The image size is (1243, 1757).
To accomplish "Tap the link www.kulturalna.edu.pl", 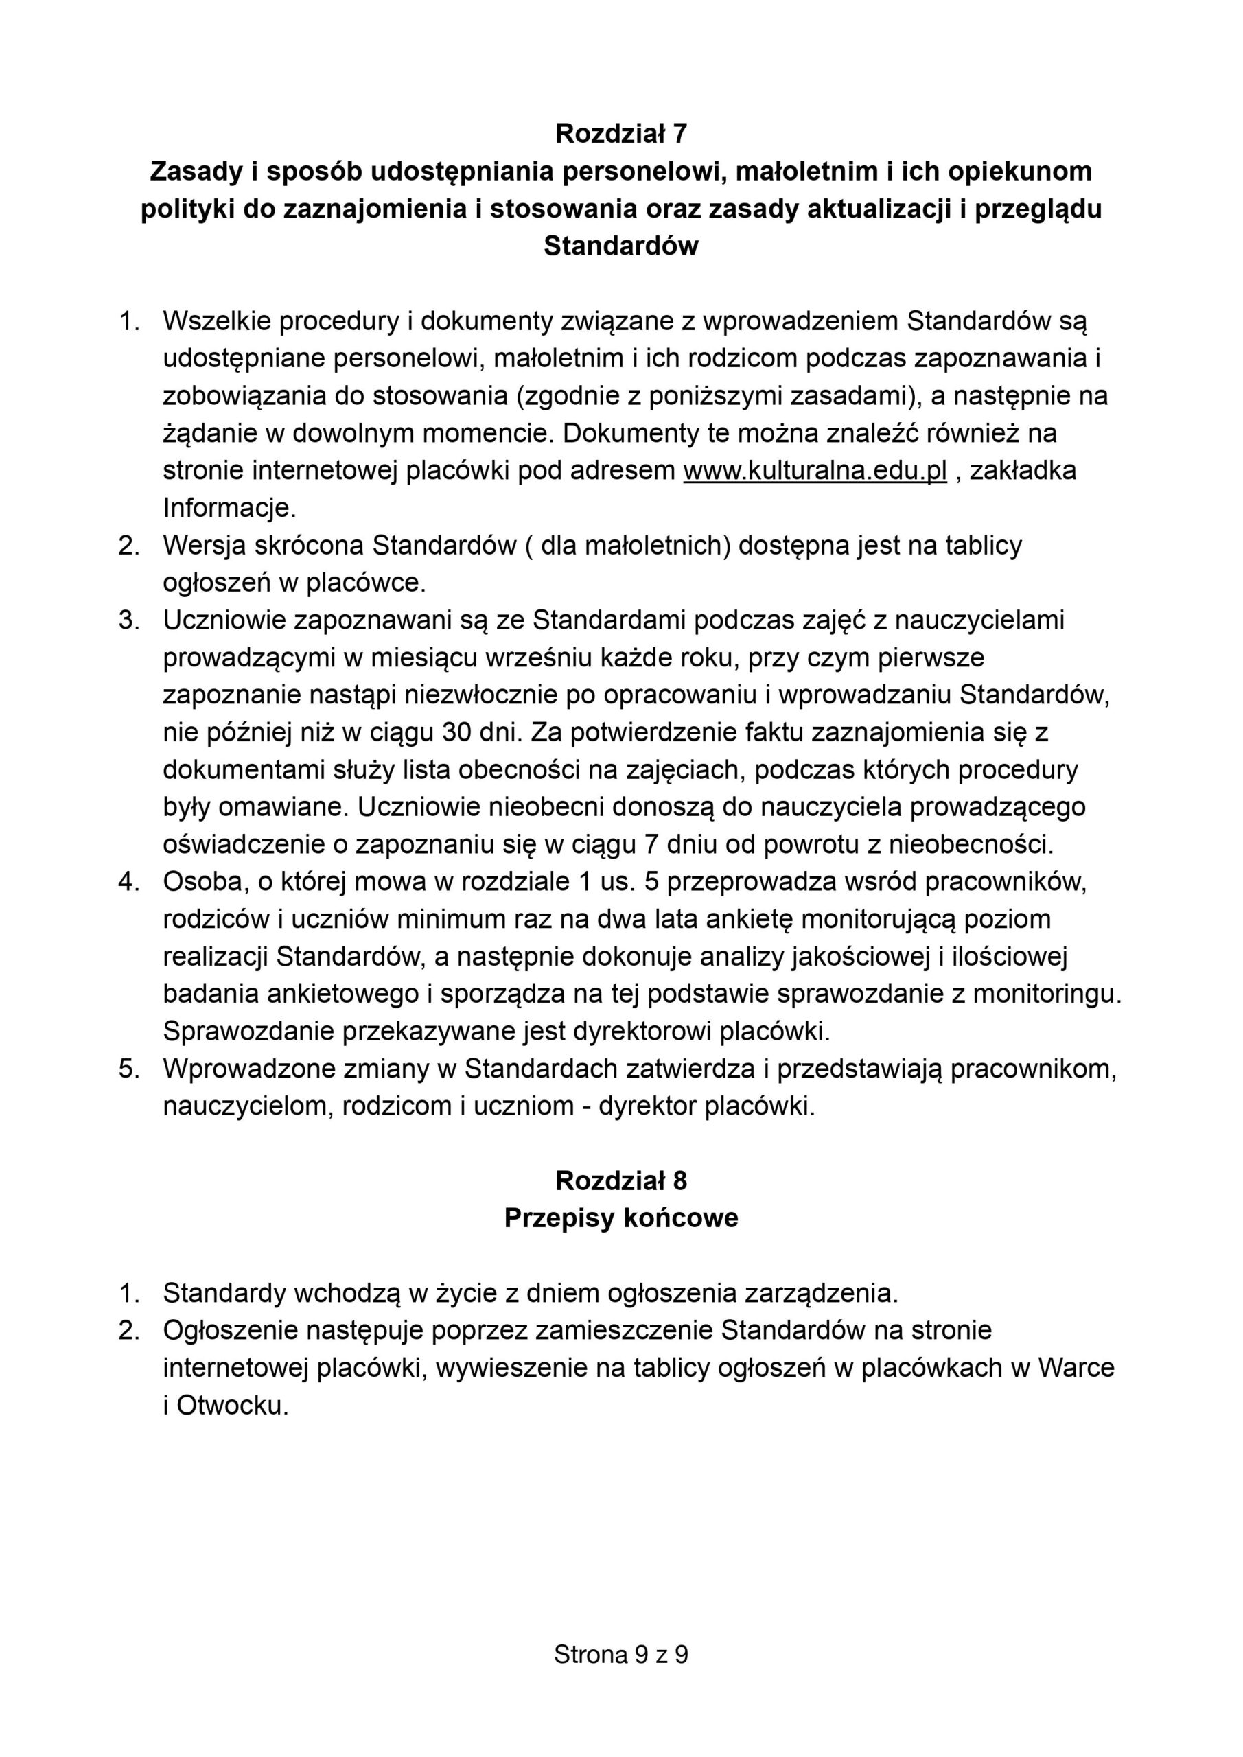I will click(815, 471).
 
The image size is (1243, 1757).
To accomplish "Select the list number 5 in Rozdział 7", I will click(128, 1069).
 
